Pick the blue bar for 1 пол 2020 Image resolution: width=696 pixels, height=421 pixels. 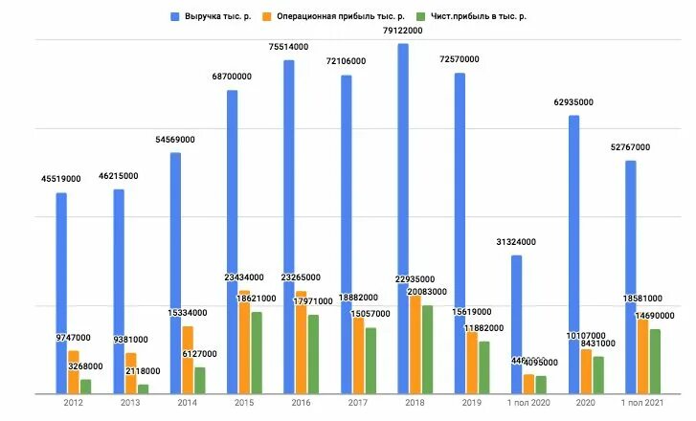coord(516,324)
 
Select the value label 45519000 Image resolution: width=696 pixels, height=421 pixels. coord(61,179)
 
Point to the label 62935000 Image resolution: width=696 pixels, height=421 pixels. coord(574,102)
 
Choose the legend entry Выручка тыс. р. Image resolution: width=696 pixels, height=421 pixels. coord(211,16)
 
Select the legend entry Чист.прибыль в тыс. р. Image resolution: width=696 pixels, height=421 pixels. coord(473,16)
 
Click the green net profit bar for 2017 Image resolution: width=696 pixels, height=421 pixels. coord(370,361)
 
